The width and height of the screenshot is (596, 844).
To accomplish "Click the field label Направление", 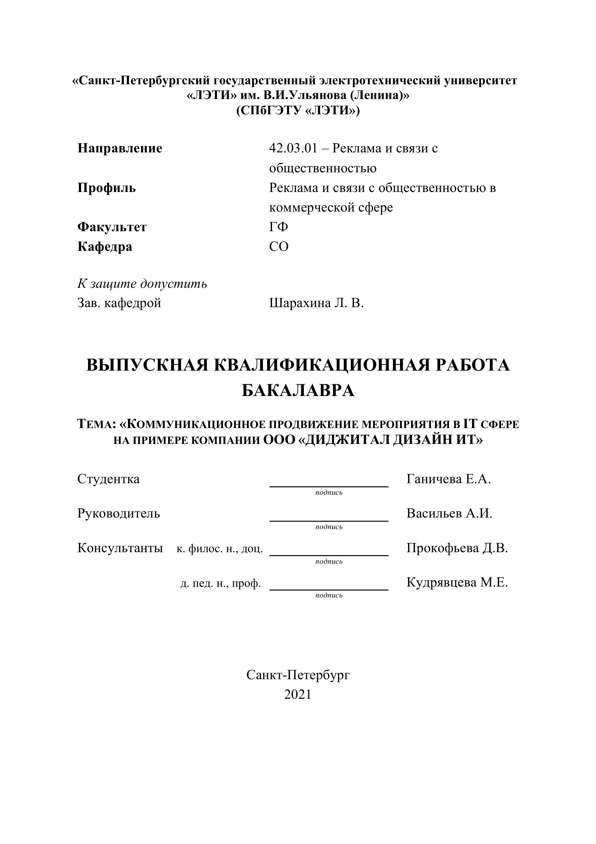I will click(x=119, y=149).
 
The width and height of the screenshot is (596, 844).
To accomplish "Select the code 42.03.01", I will click(x=293, y=149).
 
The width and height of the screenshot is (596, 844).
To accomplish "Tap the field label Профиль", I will click(x=106, y=188).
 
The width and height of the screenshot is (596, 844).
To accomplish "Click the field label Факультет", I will click(x=112, y=227).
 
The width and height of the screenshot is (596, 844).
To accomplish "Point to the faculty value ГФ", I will click(x=278, y=227).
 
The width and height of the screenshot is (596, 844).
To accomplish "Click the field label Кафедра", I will click(x=105, y=247).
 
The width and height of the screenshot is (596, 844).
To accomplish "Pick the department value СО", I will click(x=279, y=247).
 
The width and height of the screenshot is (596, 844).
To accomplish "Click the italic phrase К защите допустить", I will click(x=142, y=284).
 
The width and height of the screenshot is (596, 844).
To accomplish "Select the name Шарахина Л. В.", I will click(x=316, y=303).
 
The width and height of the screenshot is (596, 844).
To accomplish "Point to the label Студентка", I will click(x=108, y=479).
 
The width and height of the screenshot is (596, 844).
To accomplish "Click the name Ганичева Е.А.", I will click(x=449, y=479).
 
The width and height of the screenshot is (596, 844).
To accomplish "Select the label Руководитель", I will click(x=119, y=514).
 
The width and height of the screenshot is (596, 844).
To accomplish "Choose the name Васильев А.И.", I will click(x=449, y=514).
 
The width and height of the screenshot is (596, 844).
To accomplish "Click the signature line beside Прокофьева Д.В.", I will click(x=329, y=555).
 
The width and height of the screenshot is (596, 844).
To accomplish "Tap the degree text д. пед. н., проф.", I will click(x=221, y=583).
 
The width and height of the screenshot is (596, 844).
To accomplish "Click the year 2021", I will click(x=298, y=694).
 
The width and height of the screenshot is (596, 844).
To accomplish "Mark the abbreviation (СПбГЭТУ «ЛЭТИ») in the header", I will click(x=298, y=111).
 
